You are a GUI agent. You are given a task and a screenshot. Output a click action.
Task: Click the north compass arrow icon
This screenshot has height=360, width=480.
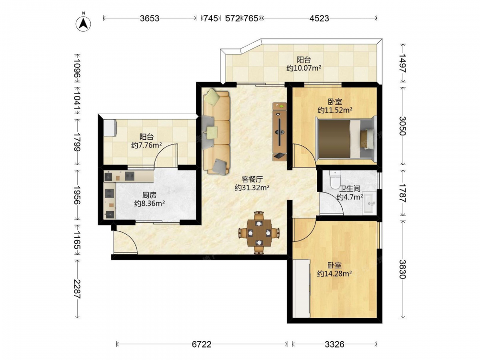click(x=83, y=23)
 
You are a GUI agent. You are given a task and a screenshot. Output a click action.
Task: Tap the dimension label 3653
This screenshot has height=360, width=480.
click(x=150, y=18)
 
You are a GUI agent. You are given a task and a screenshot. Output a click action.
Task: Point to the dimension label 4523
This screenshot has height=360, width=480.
click(x=319, y=18)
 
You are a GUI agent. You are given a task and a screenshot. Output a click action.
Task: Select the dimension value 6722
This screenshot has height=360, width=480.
click(x=202, y=344)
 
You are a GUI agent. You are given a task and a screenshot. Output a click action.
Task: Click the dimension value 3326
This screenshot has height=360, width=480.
click(x=335, y=344)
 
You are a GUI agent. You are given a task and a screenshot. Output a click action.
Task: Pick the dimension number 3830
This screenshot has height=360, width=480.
click(x=402, y=269)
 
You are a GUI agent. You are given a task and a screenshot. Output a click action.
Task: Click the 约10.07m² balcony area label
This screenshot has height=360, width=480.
click(x=304, y=68)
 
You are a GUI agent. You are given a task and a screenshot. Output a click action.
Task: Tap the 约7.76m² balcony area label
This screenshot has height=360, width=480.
click(x=146, y=145)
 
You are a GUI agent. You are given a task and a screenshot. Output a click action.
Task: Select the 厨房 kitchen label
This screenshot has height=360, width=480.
click(x=149, y=195)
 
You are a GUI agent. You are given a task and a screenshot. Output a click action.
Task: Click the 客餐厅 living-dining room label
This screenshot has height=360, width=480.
click(x=252, y=180)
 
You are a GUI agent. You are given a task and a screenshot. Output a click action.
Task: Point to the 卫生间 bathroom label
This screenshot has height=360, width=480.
click(x=349, y=189)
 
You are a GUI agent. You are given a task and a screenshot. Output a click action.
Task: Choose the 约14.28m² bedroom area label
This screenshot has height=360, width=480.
click(x=334, y=274)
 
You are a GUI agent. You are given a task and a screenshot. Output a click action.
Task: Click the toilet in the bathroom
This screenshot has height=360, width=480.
click(x=335, y=180)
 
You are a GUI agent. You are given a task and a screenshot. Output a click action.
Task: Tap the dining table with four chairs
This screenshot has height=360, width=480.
click(x=259, y=233)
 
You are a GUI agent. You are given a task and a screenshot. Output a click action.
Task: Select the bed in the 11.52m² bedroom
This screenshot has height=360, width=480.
click(x=345, y=138)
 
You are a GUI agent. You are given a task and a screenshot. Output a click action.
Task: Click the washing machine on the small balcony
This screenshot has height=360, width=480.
click(x=110, y=128)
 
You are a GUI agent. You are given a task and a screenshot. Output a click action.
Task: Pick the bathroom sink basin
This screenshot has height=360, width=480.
click(x=370, y=203)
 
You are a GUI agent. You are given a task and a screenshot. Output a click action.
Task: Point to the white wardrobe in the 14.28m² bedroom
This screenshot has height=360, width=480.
click(x=301, y=288)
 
